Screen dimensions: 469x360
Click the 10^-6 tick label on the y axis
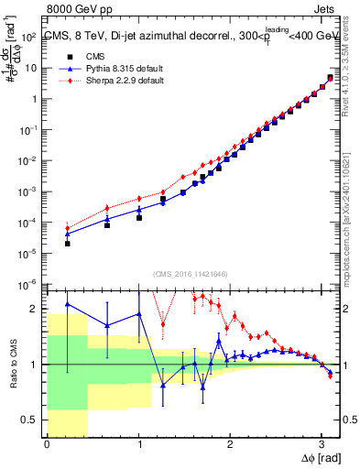tap(28, 283)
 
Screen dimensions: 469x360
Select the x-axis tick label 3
tap(321, 445)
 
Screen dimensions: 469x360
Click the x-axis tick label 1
tap(138, 445)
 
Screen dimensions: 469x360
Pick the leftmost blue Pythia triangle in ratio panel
tap(67, 304)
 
